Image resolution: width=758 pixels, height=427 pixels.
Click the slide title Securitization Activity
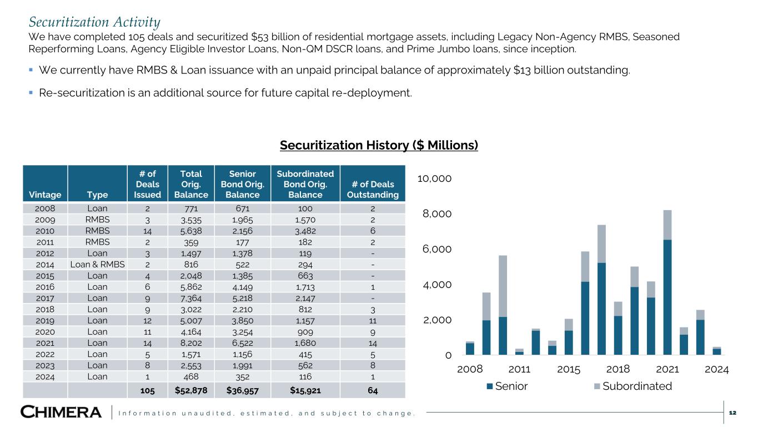pos(94,22)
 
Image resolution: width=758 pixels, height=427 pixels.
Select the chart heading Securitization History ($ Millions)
pos(379,145)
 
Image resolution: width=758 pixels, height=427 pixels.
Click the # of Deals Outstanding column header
pos(373,190)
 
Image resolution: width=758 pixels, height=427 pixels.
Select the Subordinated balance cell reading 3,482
pos(305,231)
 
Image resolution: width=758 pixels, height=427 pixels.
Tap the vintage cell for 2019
pos(45,320)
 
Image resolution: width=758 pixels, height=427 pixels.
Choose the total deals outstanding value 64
pos(373,391)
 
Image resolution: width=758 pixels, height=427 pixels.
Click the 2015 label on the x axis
pos(568,369)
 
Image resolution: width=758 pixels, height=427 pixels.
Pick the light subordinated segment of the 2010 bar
pos(503,286)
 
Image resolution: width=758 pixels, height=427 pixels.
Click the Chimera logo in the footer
pos(61,412)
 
